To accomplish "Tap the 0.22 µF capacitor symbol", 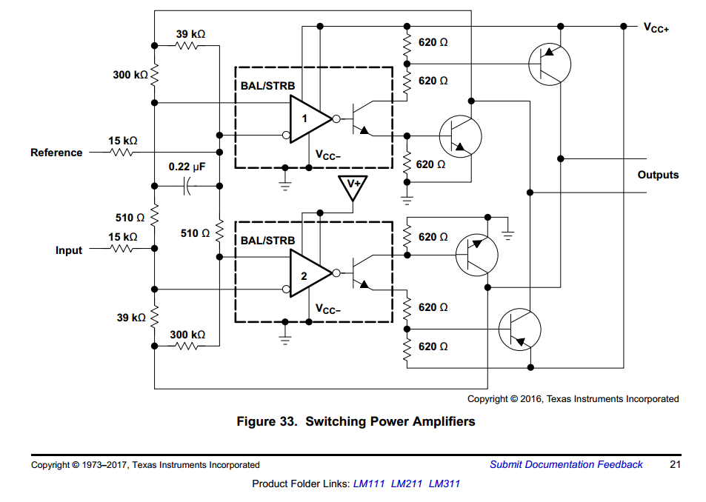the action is click(187, 186).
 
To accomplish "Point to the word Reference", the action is click(56, 153).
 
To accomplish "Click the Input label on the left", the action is click(69, 250).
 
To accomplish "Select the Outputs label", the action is click(658, 175).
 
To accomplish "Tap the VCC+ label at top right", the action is click(656, 28).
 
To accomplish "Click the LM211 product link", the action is click(407, 483).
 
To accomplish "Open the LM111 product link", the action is click(369, 483).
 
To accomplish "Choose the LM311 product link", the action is click(444, 483).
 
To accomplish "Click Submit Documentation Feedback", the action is click(566, 464).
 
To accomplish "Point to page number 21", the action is click(675, 464).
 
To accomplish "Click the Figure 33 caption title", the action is click(356, 421).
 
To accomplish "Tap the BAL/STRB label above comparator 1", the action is click(267, 85).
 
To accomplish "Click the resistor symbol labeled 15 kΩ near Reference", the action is click(121, 153).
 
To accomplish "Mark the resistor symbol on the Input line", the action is click(121, 248).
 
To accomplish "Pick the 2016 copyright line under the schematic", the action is click(573, 399).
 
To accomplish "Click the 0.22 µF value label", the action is click(187, 167).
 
